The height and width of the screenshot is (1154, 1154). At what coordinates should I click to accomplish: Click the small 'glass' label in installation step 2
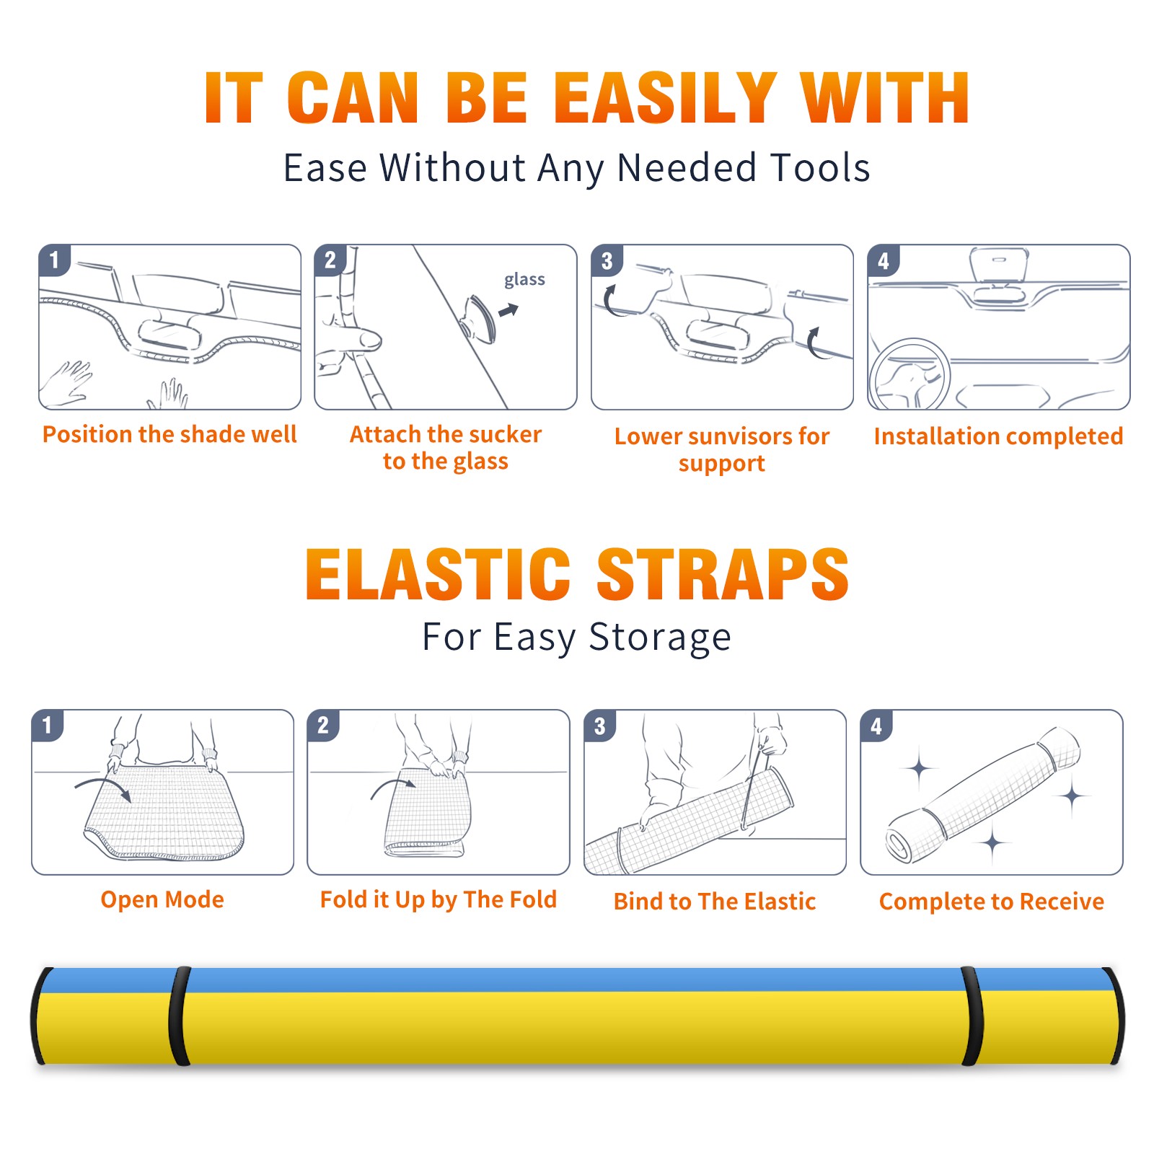(x=524, y=279)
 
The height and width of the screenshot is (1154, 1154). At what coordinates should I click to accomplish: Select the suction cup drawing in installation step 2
(x=479, y=317)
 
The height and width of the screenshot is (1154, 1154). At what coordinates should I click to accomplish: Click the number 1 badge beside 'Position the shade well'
(x=54, y=260)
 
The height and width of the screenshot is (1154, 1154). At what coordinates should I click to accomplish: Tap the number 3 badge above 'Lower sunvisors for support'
(x=607, y=260)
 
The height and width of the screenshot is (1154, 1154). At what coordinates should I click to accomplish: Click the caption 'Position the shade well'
(x=169, y=434)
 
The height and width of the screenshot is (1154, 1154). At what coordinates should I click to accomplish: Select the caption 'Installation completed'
(x=998, y=436)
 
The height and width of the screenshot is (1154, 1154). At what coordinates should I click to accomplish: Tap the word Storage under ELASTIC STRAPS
(x=660, y=638)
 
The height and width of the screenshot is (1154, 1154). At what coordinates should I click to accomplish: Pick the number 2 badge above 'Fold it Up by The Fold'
(x=323, y=725)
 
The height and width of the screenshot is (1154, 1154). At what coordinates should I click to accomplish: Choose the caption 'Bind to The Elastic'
(x=715, y=902)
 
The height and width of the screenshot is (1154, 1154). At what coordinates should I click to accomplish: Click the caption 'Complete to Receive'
(x=992, y=902)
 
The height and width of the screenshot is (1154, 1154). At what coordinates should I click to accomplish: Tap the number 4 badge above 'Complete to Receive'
(x=876, y=726)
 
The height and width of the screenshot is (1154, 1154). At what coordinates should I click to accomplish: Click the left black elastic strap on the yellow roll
(x=180, y=1016)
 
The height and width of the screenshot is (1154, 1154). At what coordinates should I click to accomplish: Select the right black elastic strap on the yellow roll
(x=972, y=1016)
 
